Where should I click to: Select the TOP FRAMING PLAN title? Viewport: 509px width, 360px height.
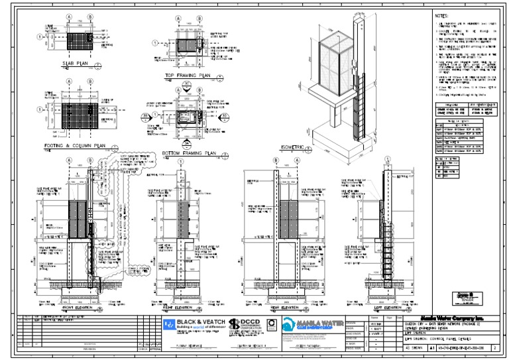coord(186,76)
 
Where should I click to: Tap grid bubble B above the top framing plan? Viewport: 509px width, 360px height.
coord(199,19)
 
